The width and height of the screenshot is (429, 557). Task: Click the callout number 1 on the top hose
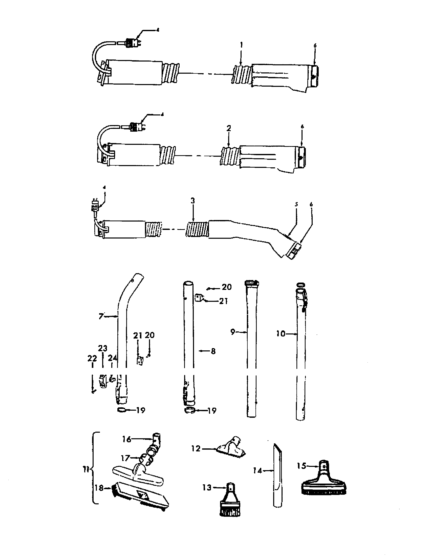[x=241, y=45]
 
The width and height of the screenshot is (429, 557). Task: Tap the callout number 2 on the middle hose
[x=228, y=129]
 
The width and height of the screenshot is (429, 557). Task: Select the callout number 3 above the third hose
[x=192, y=201]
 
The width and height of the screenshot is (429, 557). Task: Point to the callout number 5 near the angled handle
[x=296, y=204]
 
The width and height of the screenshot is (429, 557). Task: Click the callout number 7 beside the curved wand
[x=101, y=316]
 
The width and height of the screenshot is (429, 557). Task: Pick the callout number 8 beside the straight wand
[x=213, y=351]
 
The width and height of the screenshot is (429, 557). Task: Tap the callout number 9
[x=233, y=332]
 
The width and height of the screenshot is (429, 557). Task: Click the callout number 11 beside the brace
[x=86, y=469]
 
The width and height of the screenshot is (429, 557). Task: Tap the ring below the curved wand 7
[x=121, y=410]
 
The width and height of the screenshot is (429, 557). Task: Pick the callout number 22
[x=92, y=359]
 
